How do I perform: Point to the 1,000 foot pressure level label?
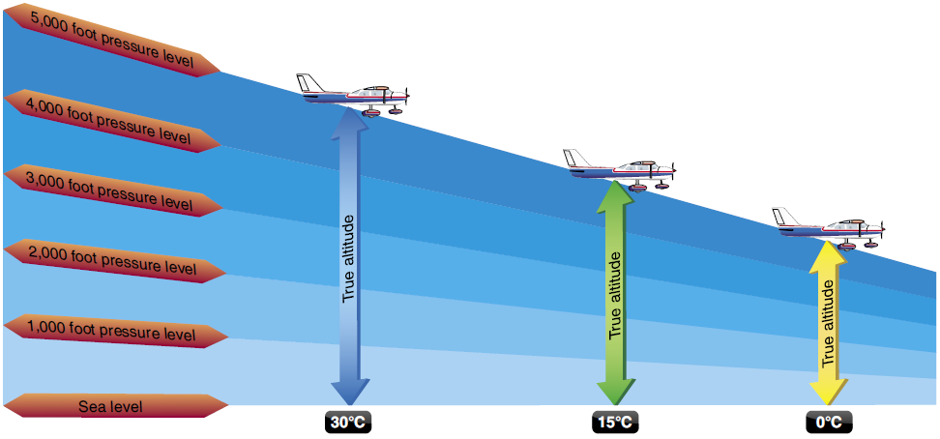[x=112, y=329]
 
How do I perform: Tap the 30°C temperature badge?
[x=349, y=423]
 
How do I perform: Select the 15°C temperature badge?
[x=615, y=423]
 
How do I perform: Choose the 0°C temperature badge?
[x=829, y=423]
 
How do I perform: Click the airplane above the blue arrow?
[x=354, y=95]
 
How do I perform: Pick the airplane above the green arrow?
[x=621, y=170]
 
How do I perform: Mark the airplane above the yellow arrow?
[x=829, y=228]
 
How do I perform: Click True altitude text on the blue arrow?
[x=349, y=258]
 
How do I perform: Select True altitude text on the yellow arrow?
[x=829, y=325]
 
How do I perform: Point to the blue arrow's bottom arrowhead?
[x=349, y=392]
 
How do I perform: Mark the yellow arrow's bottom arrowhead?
[x=829, y=392]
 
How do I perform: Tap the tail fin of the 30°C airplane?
[x=308, y=83]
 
